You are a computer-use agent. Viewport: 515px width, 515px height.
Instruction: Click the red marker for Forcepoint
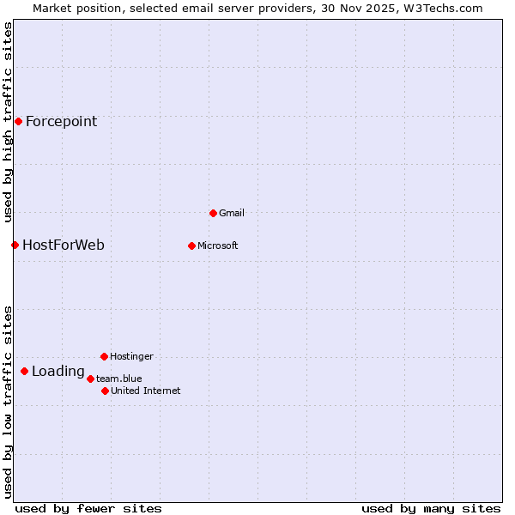tap(18, 122)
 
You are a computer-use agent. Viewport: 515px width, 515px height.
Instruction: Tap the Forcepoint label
tap(61, 122)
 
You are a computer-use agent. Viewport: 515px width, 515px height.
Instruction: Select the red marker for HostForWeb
tap(15, 245)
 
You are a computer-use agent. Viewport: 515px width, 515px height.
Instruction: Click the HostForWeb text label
tap(64, 245)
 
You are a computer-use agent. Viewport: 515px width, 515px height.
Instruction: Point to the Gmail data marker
tap(213, 213)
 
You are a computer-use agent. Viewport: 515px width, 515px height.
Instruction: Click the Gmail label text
tap(232, 213)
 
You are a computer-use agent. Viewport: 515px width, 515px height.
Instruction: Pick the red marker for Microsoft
tap(191, 246)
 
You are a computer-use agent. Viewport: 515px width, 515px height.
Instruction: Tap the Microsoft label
tap(218, 246)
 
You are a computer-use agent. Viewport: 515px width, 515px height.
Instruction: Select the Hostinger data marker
tap(104, 356)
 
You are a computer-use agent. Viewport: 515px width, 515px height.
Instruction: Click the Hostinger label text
tap(131, 356)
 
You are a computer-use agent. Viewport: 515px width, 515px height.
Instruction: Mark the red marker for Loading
tap(24, 372)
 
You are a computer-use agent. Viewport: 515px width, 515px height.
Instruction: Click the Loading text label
tap(58, 372)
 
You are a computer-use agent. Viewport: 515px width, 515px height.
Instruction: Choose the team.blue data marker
tap(90, 379)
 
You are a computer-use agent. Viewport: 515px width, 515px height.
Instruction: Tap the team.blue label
tap(119, 379)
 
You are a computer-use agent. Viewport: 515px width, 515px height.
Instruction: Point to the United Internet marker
tap(105, 391)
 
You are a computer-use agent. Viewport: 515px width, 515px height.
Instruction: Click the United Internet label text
tap(146, 391)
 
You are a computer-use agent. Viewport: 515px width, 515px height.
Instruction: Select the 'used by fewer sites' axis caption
tap(88, 508)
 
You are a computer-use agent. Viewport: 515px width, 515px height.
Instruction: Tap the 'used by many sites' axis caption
tap(431, 508)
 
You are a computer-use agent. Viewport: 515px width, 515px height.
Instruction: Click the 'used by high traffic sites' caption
tap(9, 122)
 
